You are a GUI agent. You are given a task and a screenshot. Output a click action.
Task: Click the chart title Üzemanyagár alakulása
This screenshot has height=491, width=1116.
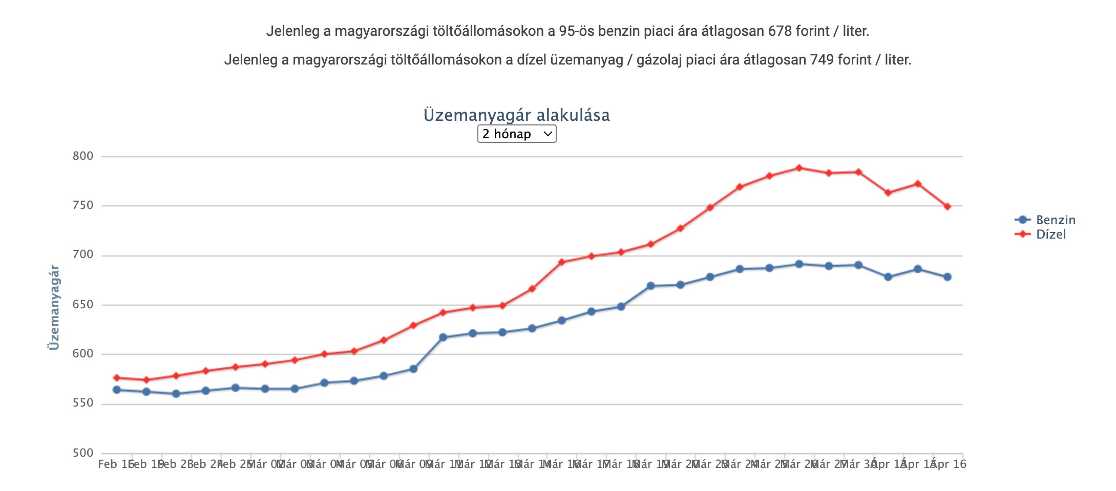click(516, 115)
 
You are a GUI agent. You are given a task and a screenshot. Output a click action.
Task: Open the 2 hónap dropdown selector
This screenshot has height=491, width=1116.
click(516, 134)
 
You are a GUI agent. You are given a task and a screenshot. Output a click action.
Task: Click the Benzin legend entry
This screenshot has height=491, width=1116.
click(1055, 220)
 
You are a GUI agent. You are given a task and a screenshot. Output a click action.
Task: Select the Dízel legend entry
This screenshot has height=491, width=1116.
click(1050, 234)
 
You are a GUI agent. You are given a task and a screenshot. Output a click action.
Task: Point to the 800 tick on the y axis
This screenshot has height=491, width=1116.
click(83, 156)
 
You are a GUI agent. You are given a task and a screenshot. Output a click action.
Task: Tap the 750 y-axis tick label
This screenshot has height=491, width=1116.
click(83, 205)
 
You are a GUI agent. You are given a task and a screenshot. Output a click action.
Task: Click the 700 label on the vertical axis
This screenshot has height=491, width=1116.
click(83, 255)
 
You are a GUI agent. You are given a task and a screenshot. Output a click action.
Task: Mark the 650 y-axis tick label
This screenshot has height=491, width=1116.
click(83, 305)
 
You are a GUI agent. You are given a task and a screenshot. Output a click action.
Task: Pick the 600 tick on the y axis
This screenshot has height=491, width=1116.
click(83, 354)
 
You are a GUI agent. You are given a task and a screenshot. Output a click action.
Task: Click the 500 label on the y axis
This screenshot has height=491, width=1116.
click(83, 453)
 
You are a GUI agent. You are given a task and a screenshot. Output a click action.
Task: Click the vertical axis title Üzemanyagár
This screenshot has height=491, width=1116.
click(54, 307)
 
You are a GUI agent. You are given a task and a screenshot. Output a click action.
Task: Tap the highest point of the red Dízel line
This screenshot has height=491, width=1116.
click(799, 168)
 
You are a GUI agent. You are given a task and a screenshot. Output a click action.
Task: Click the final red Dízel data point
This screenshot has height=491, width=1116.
click(947, 206)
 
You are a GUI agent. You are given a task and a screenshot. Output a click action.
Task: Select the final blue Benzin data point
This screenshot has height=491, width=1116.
click(947, 277)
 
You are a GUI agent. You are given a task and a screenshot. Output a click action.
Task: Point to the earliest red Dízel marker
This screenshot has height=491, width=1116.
click(117, 378)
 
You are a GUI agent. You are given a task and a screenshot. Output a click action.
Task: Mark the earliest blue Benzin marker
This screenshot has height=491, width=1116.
click(117, 390)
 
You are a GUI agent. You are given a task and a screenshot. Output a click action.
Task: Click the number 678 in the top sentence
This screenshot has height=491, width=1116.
click(780, 31)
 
